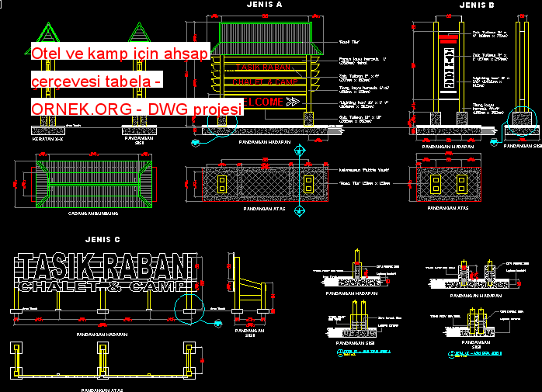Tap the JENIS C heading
click(x=103, y=240)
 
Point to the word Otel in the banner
click(x=47, y=54)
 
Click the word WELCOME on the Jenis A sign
click(x=262, y=102)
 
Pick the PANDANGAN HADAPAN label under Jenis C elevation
click(x=102, y=335)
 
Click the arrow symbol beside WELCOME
click(x=293, y=102)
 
